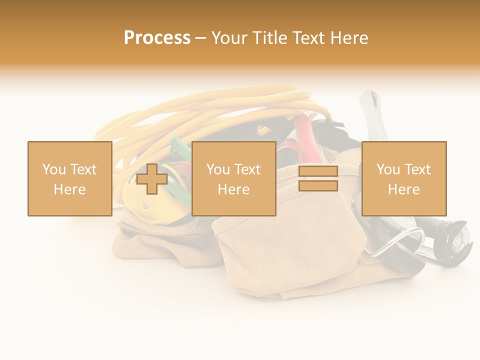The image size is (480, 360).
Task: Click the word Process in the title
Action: [157, 37]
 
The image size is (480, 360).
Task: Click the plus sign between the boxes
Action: [152, 179]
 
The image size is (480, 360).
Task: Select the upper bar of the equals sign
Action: [318, 171]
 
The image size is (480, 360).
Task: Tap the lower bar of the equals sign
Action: [318, 186]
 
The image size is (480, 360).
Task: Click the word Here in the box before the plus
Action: [69, 189]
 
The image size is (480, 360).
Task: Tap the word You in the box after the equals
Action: [388, 169]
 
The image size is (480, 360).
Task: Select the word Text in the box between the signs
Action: [247, 169]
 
